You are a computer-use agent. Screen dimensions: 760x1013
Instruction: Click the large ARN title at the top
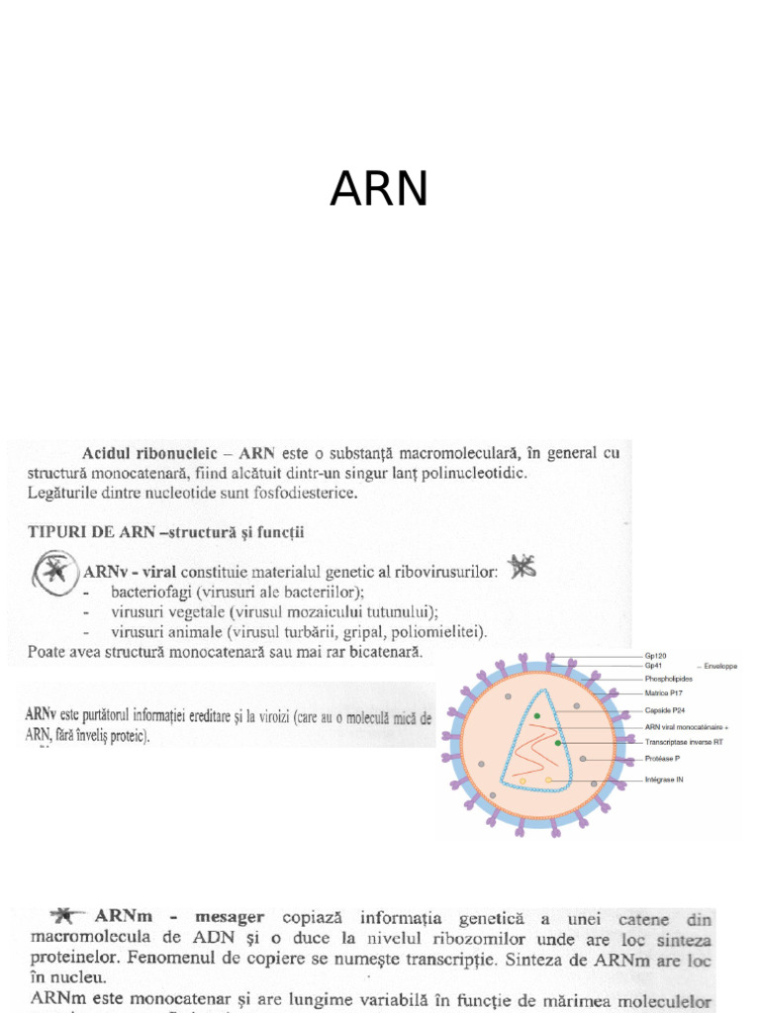coord(379,188)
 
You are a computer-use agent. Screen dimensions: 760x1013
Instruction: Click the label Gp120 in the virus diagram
coord(654,655)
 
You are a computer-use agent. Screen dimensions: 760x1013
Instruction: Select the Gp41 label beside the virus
coord(652,667)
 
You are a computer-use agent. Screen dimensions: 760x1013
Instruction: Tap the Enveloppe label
coord(718,667)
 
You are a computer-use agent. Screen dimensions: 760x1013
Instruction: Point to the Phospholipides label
coord(668,680)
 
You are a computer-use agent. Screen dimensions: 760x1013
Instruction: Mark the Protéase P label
coord(661,759)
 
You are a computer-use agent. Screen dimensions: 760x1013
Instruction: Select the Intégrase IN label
coord(663,780)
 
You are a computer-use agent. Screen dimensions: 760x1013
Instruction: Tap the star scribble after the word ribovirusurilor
coord(522,566)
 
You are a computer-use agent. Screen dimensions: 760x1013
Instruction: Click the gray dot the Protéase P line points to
coord(583,759)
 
